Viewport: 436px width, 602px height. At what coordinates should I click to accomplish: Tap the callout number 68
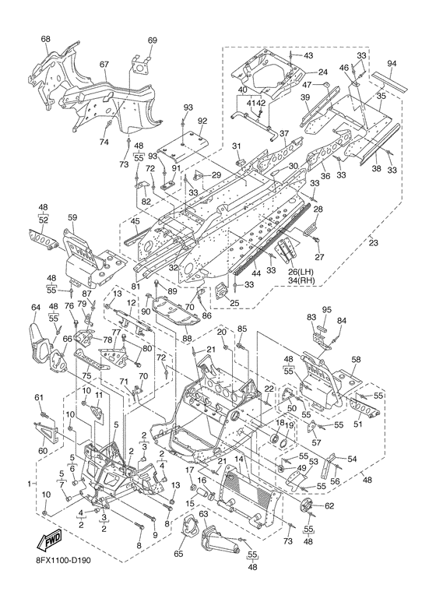[x=45, y=39]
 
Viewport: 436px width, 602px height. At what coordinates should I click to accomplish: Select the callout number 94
[x=391, y=64]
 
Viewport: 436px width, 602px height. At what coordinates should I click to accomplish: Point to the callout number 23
[x=373, y=243]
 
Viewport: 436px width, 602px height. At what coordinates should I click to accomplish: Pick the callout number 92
[x=202, y=121]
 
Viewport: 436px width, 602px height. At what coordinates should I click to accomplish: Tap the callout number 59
[x=72, y=218]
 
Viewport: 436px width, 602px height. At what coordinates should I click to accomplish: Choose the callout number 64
[x=36, y=307]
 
